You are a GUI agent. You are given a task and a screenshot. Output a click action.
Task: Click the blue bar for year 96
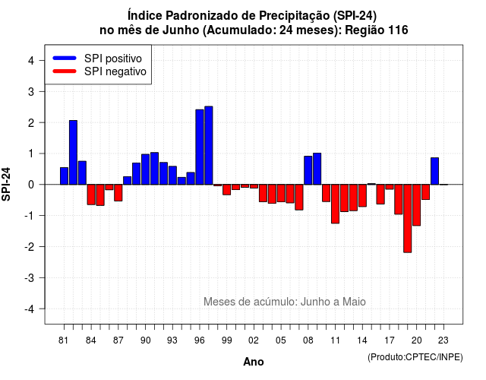[x=200, y=147]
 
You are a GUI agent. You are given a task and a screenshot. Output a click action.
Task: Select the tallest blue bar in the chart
[x=209, y=145]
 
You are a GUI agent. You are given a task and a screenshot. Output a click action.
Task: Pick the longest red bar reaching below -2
[x=408, y=218]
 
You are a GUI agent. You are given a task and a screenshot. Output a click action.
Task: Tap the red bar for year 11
[x=335, y=204]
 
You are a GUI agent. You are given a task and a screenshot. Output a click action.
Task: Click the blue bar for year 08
[x=308, y=170]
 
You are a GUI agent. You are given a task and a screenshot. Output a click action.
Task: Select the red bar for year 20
[x=417, y=205]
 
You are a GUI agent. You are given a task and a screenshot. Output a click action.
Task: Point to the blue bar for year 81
[x=64, y=176]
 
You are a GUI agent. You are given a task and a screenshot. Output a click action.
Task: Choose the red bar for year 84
[x=91, y=195]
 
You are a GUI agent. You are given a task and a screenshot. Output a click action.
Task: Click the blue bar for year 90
[x=145, y=169]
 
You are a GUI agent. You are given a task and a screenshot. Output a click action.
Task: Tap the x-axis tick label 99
[x=226, y=340]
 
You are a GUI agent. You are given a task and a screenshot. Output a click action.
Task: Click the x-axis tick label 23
[x=443, y=340]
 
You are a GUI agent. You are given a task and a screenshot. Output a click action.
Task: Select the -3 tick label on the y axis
[x=29, y=277]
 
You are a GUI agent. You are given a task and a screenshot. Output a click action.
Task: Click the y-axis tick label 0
[x=31, y=185]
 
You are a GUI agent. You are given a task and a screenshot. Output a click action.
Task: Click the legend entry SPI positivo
[x=113, y=59]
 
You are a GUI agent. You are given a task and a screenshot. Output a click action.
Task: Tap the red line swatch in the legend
[x=65, y=71]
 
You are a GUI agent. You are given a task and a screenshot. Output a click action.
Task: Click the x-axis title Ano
[x=254, y=362]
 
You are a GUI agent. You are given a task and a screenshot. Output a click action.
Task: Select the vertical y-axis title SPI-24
[x=6, y=184]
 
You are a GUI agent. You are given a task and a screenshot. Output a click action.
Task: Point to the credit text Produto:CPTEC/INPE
[x=415, y=357]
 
